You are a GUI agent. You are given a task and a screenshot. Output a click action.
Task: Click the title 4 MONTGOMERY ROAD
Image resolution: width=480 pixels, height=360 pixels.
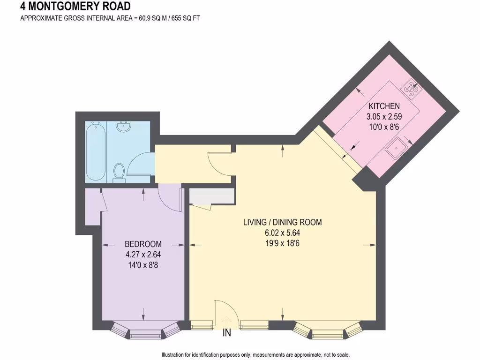tap(75, 7)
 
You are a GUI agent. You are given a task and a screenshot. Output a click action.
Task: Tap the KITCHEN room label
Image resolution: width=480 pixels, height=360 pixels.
tap(383, 106)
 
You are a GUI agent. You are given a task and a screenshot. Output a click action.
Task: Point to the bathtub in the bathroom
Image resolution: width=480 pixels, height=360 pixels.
tap(96, 151)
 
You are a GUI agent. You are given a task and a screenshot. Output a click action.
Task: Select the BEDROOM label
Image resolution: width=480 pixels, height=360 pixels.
tap(143, 244)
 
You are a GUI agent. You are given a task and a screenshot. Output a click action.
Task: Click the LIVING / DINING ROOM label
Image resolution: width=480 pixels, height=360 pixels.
tap(282, 222)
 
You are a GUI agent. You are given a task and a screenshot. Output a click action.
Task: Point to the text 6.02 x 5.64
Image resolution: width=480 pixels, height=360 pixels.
tap(282, 232)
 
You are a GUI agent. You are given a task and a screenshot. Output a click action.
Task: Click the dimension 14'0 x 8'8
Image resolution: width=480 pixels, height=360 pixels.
tap(143, 265)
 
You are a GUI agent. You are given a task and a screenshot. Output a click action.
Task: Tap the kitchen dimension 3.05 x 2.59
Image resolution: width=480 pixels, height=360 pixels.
tap(383, 116)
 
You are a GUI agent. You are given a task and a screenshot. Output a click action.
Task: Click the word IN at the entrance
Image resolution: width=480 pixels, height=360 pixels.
tap(227, 334)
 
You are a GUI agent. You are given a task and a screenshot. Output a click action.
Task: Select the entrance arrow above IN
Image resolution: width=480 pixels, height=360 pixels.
tap(227, 322)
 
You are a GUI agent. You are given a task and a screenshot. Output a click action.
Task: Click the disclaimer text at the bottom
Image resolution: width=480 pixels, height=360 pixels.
tap(255, 355)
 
